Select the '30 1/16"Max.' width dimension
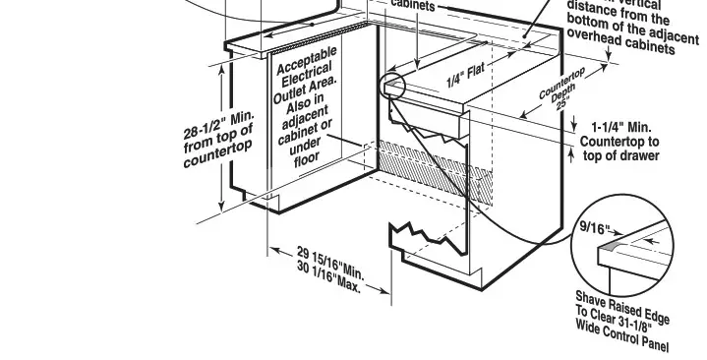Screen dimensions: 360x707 click(x=328, y=277)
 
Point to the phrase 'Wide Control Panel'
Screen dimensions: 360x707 click(x=621, y=335)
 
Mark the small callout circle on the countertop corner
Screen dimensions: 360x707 click(x=395, y=85)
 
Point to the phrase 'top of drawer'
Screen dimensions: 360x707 click(x=620, y=155)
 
